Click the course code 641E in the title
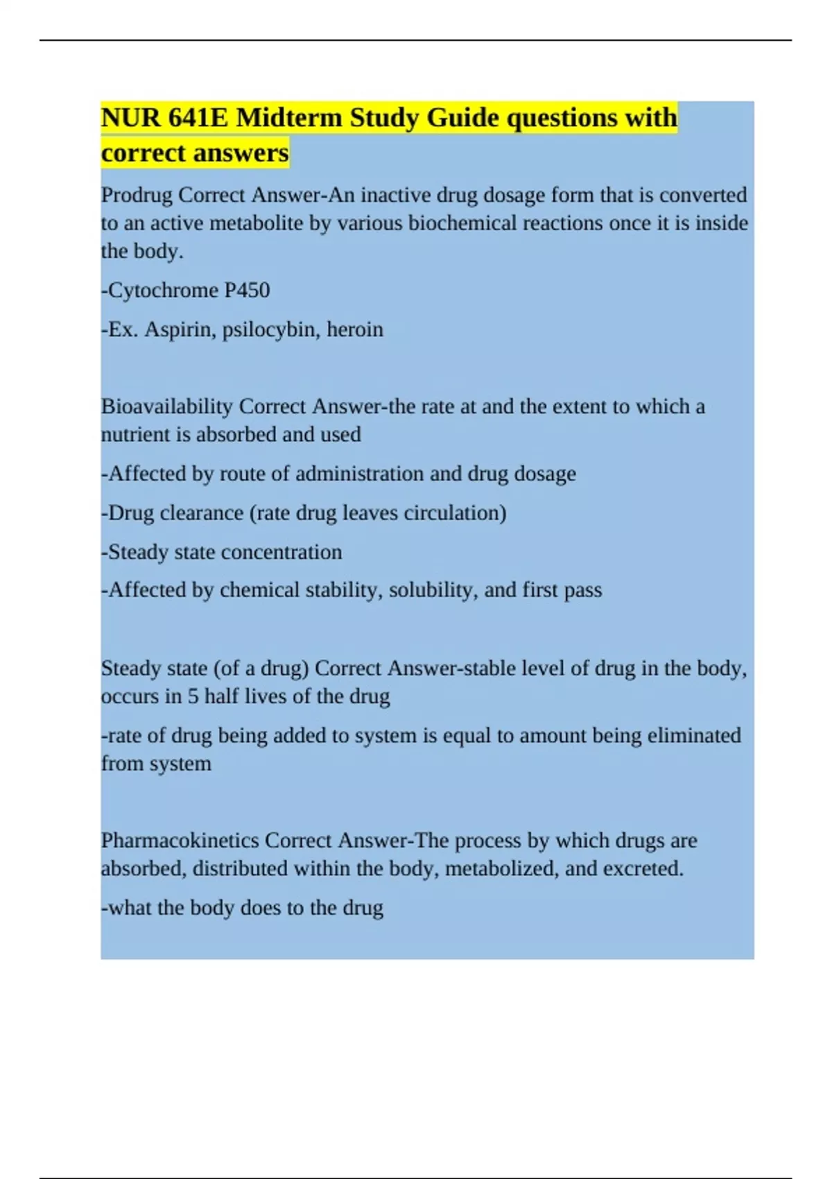pyautogui.click(x=198, y=118)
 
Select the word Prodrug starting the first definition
pyautogui.click(x=137, y=195)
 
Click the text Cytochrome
pyautogui.click(x=163, y=290)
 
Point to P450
pyautogui.click(x=247, y=290)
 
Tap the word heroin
pyautogui.click(x=355, y=329)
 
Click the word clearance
pyautogui.click(x=202, y=513)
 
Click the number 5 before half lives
pyautogui.click(x=193, y=696)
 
